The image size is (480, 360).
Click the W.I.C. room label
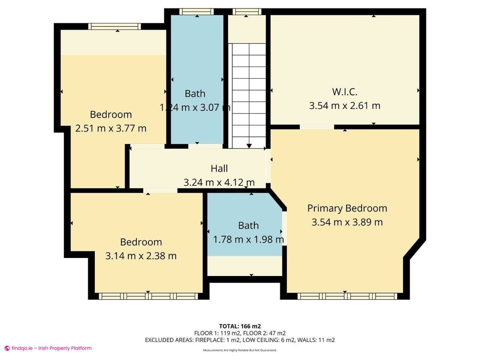[344, 92]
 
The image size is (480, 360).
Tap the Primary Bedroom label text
[347, 208]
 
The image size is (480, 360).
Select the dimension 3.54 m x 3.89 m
[347, 222]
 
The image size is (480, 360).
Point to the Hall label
[219, 169]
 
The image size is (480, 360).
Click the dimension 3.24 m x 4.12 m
[219, 183]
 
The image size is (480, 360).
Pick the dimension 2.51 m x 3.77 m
[111, 128]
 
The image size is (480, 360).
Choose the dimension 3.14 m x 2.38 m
[141, 256]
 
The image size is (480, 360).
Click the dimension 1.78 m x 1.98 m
[248, 240]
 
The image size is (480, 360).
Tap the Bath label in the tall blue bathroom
[195, 94]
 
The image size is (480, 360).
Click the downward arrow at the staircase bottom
[249, 146]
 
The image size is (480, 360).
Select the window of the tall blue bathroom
[196, 12]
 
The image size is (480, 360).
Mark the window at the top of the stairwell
[246, 12]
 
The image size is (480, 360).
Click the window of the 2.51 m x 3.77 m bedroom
[114, 27]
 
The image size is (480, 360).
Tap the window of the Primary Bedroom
[347, 296]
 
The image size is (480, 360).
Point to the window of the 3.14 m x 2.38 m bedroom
[148, 296]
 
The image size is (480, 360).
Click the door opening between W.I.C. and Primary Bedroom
[317, 127]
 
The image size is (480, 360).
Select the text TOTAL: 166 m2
[240, 326]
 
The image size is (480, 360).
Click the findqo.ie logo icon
[7, 348]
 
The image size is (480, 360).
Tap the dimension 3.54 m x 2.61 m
[344, 106]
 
